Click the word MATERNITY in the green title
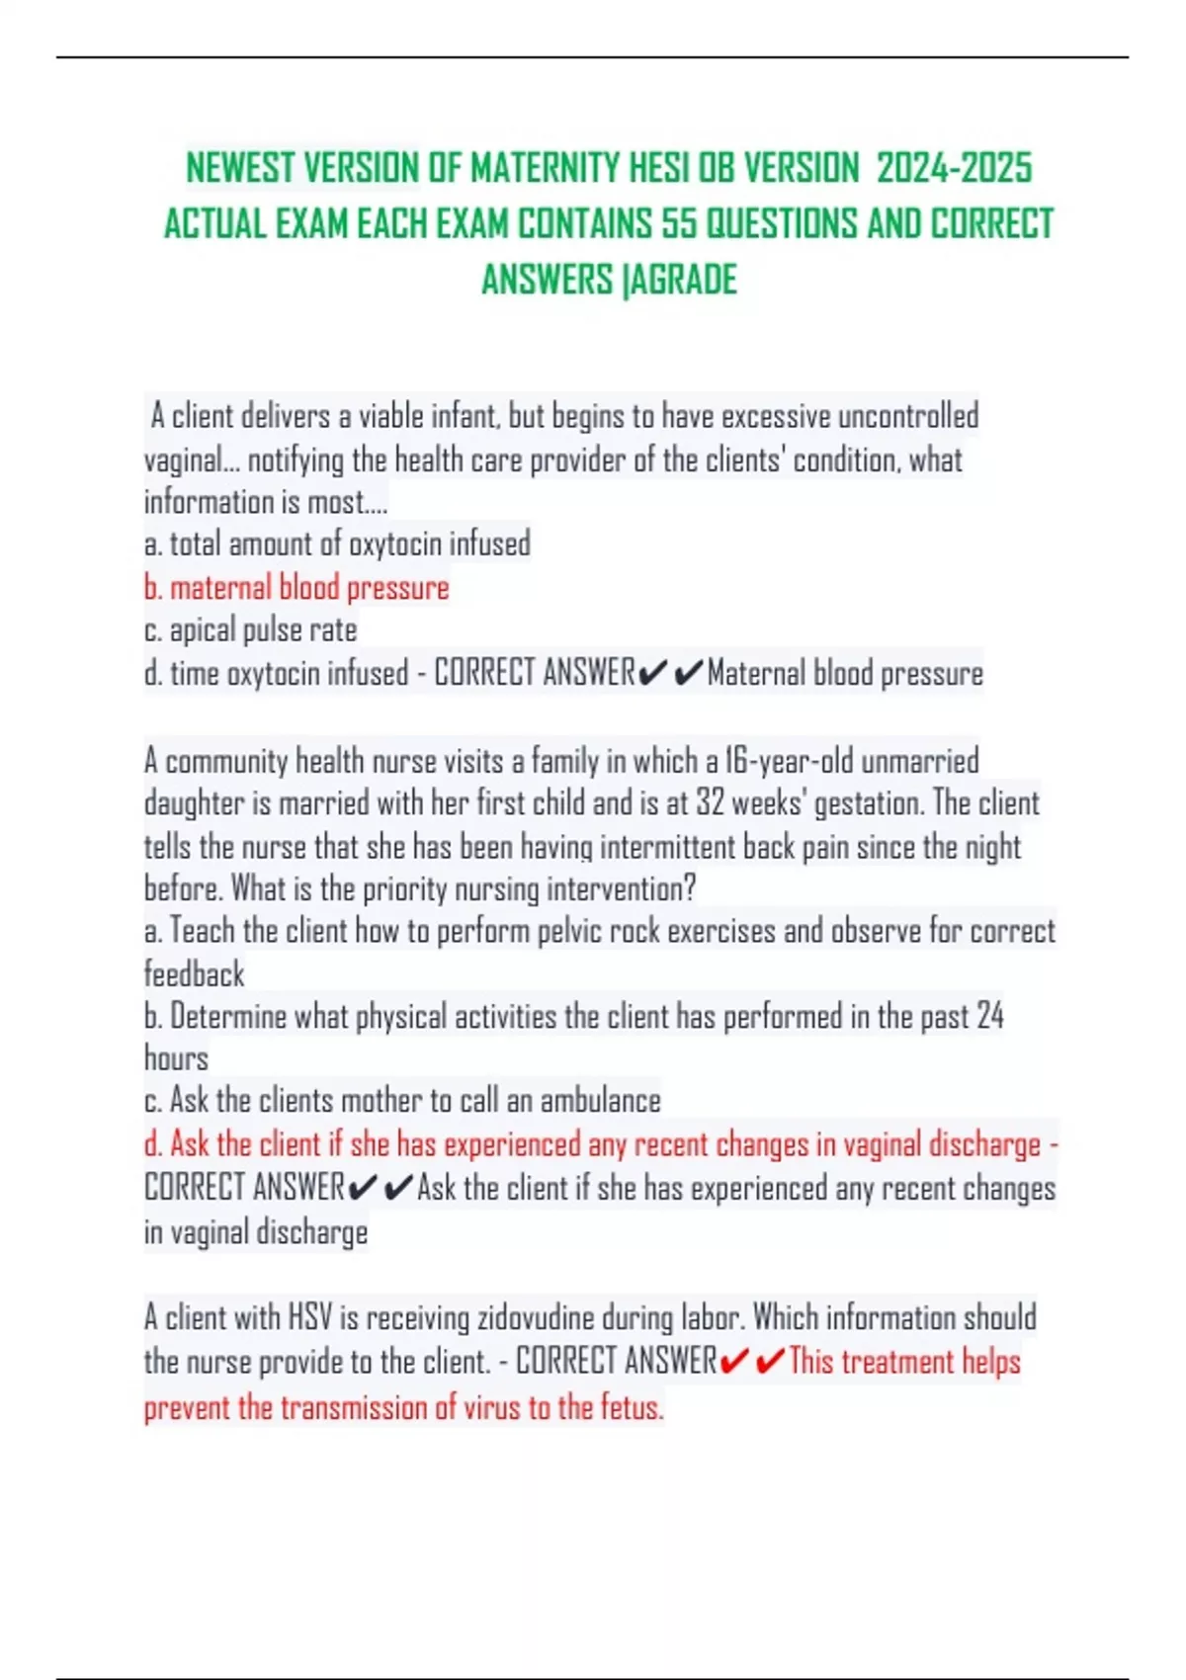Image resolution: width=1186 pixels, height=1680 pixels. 545,168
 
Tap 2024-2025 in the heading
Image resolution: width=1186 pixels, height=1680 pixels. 954,168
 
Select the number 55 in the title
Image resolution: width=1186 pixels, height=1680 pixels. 679,224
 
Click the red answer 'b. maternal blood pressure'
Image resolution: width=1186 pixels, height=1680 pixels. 296,588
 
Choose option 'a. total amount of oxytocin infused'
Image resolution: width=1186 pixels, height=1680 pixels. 337,545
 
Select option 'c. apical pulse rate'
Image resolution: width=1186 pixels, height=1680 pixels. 250,630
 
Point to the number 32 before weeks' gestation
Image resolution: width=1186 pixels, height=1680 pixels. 710,803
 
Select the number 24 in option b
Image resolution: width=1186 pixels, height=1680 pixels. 989,1017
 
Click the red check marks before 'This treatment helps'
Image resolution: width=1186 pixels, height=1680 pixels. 752,1363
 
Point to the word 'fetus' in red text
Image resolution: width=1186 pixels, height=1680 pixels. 631,1407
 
